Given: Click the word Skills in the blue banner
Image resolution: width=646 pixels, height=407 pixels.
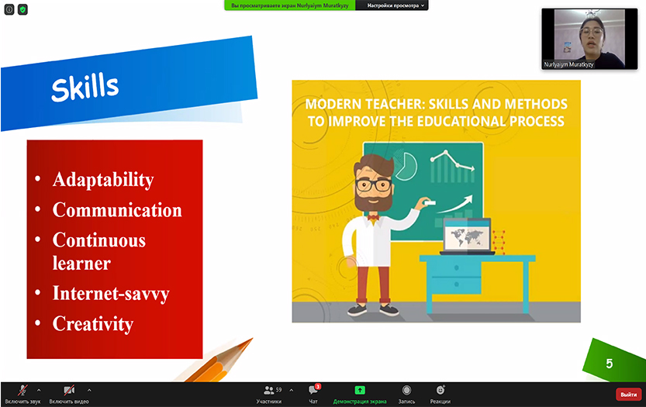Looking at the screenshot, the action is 85,87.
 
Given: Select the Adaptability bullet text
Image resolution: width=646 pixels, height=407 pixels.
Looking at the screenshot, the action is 103,180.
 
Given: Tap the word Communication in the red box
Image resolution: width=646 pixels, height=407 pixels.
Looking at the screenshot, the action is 117,210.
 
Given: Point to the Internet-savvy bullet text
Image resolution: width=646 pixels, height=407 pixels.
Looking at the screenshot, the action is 111,294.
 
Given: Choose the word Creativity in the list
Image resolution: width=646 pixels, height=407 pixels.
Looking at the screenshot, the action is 93,324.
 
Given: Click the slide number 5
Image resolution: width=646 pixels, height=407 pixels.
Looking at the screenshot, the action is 610,364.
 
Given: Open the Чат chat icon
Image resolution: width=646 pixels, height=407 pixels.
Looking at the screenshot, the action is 313,390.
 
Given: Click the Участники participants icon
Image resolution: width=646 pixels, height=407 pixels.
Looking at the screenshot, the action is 268,390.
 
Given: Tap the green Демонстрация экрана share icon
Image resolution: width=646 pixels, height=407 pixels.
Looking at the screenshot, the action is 360,390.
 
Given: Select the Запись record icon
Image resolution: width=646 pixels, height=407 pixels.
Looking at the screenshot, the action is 406,390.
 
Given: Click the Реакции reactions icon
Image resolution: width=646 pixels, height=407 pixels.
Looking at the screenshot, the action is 440,390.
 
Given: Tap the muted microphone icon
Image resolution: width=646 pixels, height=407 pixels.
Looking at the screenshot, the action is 22,390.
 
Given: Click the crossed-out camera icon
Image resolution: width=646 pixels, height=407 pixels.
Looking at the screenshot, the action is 69,390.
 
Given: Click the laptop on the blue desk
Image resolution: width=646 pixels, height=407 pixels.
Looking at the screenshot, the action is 467,236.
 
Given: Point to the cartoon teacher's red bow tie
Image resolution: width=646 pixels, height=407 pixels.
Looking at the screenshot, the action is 373,218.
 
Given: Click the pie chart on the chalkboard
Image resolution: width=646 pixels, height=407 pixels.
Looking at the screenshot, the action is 406,165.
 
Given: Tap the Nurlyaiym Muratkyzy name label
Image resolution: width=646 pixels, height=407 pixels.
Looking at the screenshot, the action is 568,64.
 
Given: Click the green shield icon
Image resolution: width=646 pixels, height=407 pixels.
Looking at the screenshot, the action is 22,9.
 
